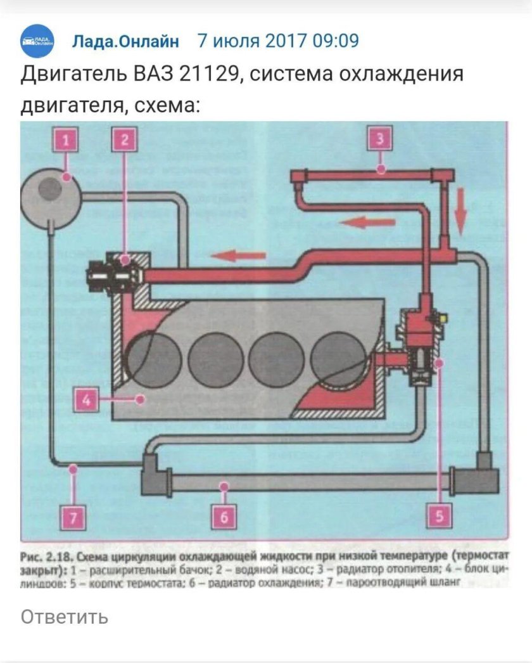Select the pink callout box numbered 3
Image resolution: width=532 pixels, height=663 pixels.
[379, 139]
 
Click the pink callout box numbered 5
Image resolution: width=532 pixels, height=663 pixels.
[436, 518]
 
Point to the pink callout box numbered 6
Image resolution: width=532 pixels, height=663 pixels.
[224, 518]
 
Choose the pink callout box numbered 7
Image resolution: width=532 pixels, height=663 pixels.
[74, 518]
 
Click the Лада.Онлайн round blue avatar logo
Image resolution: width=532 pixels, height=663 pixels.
[37, 42]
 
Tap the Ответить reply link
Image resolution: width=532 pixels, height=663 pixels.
[64, 616]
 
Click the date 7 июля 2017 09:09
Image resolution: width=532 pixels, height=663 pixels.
[278, 41]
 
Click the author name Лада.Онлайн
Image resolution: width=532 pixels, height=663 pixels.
[125, 41]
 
